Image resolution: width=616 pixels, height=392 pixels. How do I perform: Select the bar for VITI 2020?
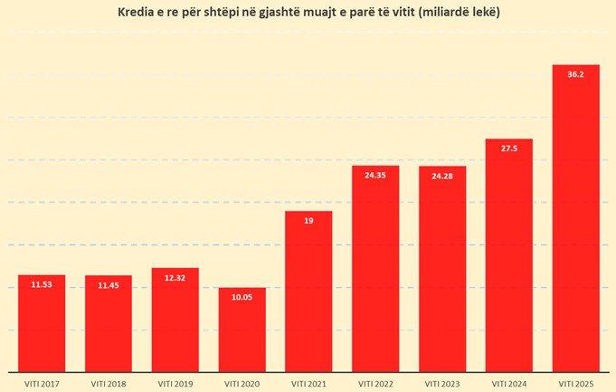[x=242, y=331]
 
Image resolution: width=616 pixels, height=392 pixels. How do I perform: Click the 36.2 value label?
[x=575, y=74]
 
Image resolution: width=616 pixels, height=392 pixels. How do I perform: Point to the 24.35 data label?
[x=375, y=175]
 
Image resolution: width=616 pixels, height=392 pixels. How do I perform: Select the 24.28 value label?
[x=442, y=176]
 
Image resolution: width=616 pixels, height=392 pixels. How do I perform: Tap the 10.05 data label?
[x=242, y=296]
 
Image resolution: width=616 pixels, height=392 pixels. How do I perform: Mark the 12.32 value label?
[x=175, y=277]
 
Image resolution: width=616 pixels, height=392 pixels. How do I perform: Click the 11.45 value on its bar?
[x=109, y=284]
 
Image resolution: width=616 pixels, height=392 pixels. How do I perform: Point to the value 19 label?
[x=308, y=220]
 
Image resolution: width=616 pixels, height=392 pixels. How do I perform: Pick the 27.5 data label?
[x=508, y=148]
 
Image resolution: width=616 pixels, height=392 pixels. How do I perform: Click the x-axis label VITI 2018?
[x=109, y=383]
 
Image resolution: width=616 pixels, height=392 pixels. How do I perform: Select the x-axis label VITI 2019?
[x=175, y=383]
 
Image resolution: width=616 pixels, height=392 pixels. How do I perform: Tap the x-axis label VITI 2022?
[x=375, y=383]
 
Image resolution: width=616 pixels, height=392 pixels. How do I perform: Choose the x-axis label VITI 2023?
[x=442, y=383]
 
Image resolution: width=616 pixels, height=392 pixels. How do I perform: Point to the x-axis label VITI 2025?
[x=575, y=383]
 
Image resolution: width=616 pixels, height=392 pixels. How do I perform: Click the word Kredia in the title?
[x=137, y=13]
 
